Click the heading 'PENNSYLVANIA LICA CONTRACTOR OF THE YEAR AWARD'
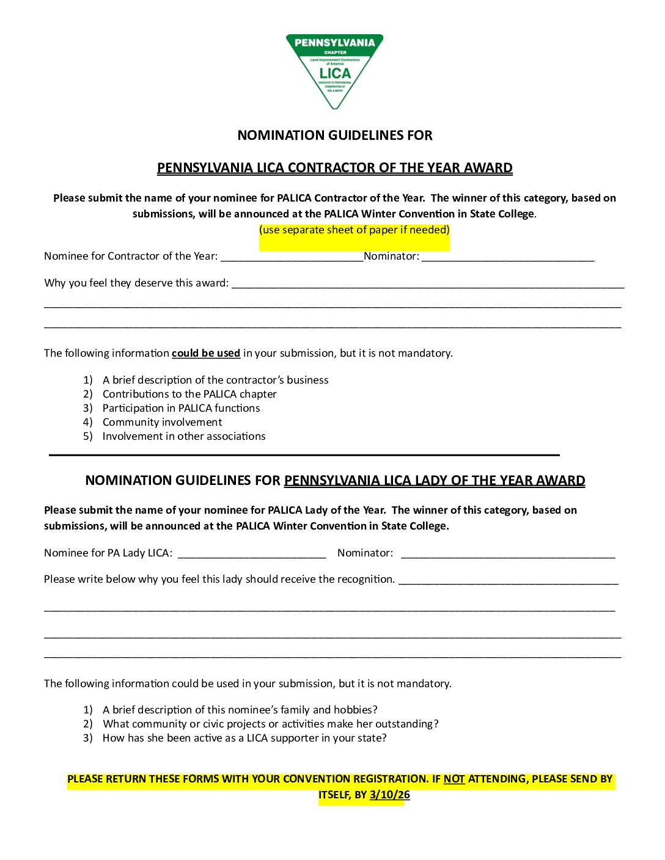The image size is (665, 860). [334, 168]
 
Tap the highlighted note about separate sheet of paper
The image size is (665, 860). [354, 230]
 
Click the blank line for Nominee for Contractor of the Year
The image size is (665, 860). [292, 257]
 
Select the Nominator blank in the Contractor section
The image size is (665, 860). [507, 257]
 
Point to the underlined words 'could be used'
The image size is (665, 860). [206, 353]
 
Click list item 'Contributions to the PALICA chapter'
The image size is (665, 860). [189, 394]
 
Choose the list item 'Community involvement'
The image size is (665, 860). [162, 422]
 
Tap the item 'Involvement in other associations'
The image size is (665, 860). [184, 436]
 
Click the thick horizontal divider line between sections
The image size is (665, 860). [304, 455]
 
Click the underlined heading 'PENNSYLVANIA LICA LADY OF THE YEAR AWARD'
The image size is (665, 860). [434, 481]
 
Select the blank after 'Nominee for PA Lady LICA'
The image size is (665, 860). [252, 554]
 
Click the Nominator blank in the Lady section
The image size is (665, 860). [507, 554]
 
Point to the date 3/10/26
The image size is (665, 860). [390, 795]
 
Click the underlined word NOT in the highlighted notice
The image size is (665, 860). [454, 779]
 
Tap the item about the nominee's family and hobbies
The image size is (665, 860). [240, 710]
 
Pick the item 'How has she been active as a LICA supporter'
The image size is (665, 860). [244, 738]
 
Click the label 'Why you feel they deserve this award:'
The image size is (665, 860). [136, 283]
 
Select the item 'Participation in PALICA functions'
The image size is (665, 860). [181, 408]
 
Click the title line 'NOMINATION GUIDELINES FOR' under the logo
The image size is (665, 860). [334, 136]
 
